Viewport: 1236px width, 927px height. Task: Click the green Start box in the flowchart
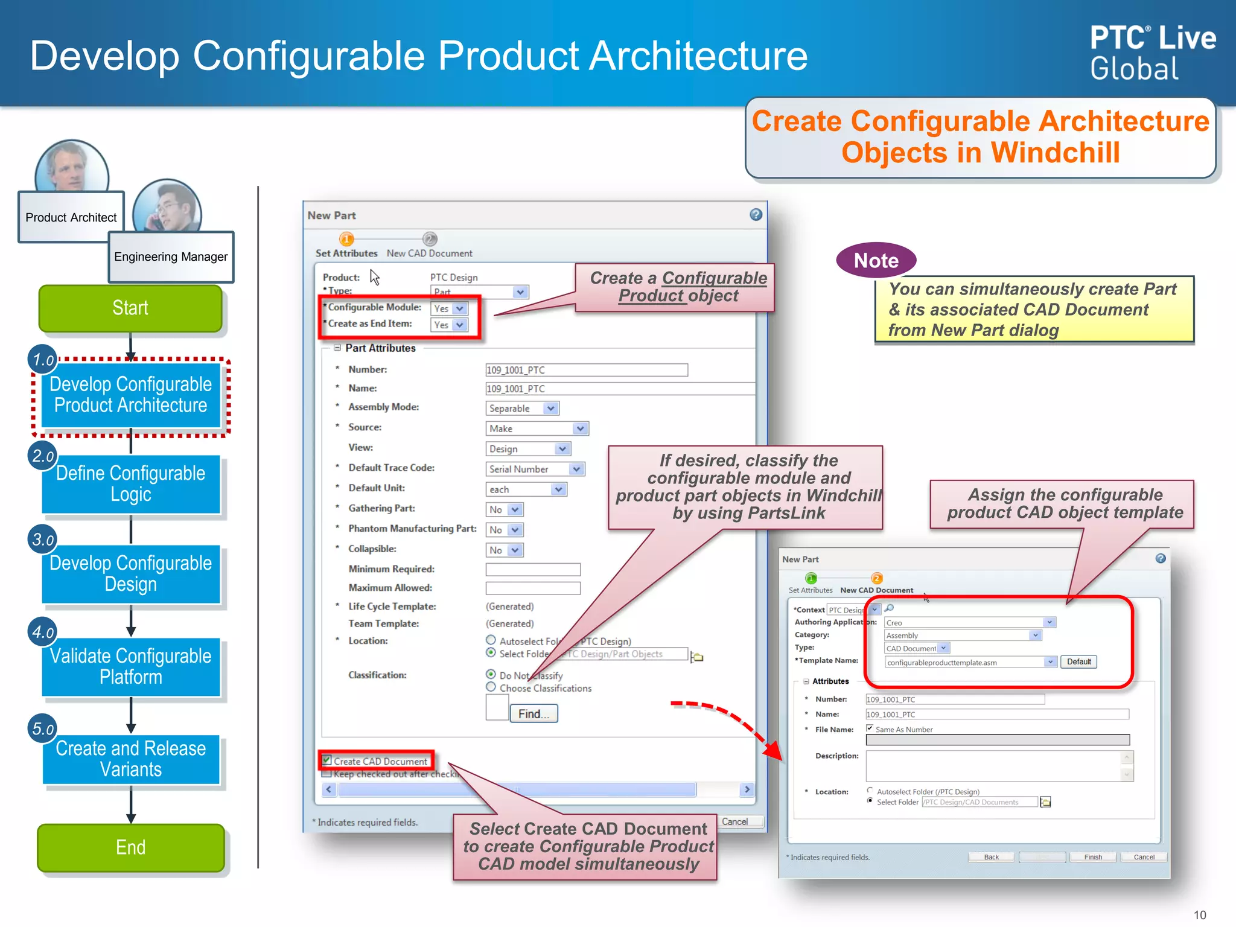coord(130,308)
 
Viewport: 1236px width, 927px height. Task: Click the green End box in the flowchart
coord(130,847)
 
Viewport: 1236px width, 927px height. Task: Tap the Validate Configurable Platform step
coord(130,666)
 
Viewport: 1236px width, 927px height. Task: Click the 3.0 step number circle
coord(42,539)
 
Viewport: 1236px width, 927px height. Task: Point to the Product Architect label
coord(71,217)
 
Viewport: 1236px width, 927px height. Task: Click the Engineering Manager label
coord(171,257)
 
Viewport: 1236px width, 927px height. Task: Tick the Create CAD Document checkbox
coord(327,760)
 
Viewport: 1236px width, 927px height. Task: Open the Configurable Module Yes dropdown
coord(459,308)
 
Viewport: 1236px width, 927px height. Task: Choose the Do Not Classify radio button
coord(491,674)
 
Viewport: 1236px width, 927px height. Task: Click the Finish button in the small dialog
coord(1092,857)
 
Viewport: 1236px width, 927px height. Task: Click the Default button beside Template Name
coord(1078,662)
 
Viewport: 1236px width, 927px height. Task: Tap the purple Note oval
coord(876,261)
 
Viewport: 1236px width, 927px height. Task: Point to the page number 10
coord(1200,915)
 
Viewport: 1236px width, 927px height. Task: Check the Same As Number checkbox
coord(870,728)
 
